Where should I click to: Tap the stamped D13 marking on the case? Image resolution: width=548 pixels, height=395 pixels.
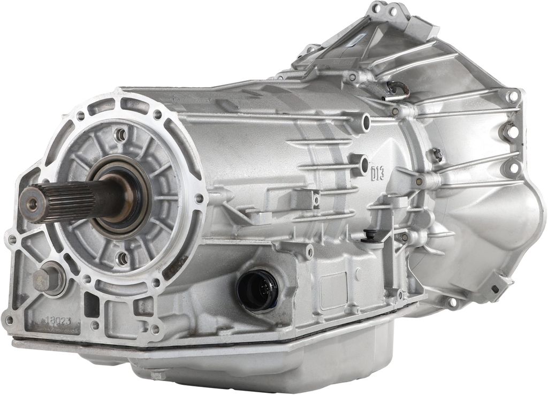click(377, 173)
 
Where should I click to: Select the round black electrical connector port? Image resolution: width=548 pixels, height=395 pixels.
click(256, 290)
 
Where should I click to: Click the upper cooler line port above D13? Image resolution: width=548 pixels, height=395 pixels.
click(366, 123)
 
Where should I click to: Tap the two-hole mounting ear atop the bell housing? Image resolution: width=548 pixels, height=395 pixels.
click(386, 10)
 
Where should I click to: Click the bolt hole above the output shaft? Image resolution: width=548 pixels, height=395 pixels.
click(121, 134)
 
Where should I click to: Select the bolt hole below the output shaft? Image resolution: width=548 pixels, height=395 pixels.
click(123, 259)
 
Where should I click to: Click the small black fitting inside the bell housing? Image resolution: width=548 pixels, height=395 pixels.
click(437, 155)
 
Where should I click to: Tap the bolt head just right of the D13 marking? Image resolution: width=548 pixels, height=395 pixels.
click(419, 181)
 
